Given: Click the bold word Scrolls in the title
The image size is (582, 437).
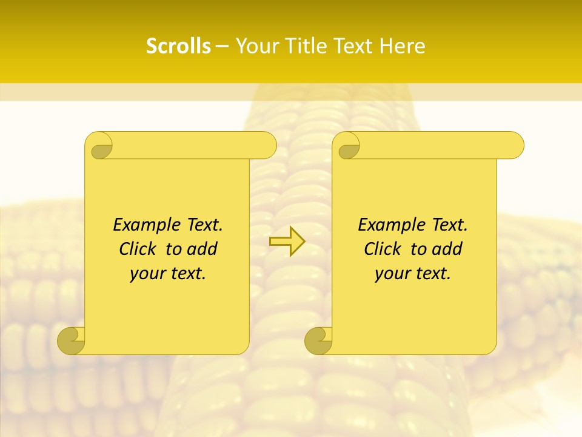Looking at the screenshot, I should click(178, 46).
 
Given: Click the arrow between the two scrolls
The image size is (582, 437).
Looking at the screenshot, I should click(287, 242).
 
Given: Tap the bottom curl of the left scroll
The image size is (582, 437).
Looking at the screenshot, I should click(72, 340).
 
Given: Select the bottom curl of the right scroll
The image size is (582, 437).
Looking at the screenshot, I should click(319, 340).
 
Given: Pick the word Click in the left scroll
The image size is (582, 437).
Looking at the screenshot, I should click(137, 249).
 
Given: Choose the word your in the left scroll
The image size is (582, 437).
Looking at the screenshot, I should click(147, 274).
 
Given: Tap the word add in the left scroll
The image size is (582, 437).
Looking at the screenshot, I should click(203, 249).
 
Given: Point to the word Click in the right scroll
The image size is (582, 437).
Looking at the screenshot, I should click(382, 249).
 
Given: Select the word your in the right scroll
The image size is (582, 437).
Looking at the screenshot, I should click(392, 274).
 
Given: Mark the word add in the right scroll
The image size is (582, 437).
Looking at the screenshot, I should click(448, 249).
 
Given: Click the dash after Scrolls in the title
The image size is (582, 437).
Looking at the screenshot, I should click(222, 47).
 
